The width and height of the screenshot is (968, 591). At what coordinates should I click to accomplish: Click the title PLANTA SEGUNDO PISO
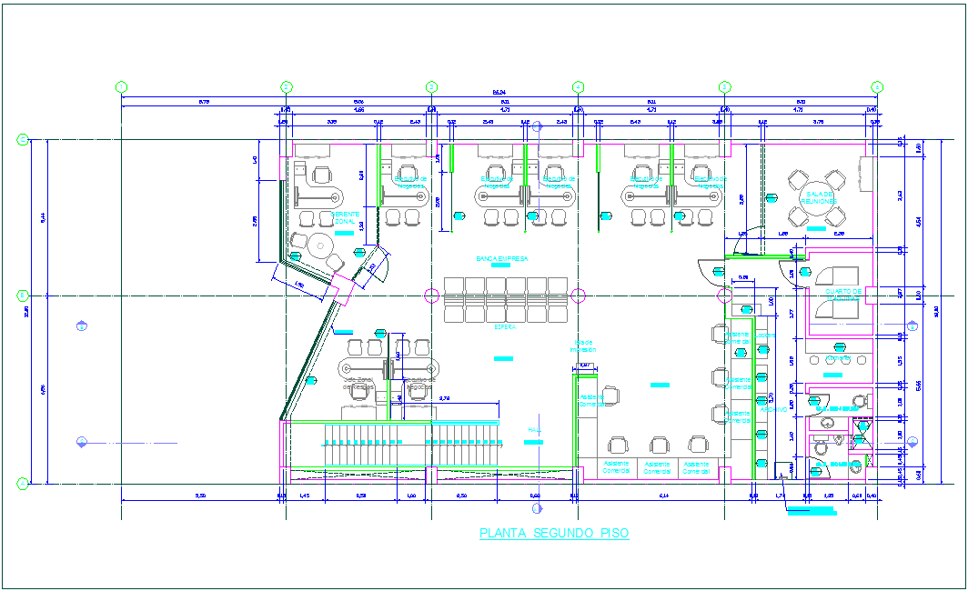(553, 534)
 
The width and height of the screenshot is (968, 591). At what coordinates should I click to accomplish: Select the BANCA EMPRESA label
(501, 259)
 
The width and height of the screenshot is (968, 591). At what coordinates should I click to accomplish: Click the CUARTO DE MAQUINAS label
(842, 295)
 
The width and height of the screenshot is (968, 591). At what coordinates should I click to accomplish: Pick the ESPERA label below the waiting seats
(505, 326)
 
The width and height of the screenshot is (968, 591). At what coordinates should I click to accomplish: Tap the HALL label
(535, 430)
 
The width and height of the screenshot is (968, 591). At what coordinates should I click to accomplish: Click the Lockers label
(765, 336)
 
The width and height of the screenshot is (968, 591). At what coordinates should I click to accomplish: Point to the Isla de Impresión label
(583, 346)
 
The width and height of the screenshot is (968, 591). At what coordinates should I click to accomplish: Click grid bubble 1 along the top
(121, 86)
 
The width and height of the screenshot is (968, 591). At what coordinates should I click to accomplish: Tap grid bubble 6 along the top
(877, 86)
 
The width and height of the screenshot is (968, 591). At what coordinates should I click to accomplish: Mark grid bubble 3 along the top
(431, 86)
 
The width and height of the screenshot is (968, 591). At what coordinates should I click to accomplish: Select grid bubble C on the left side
(22, 140)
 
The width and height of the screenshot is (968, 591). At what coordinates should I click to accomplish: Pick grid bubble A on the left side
(22, 484)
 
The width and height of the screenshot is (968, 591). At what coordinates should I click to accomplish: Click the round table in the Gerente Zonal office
(319, 245)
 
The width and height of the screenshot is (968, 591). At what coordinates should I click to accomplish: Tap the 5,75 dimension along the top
(203, 102)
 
